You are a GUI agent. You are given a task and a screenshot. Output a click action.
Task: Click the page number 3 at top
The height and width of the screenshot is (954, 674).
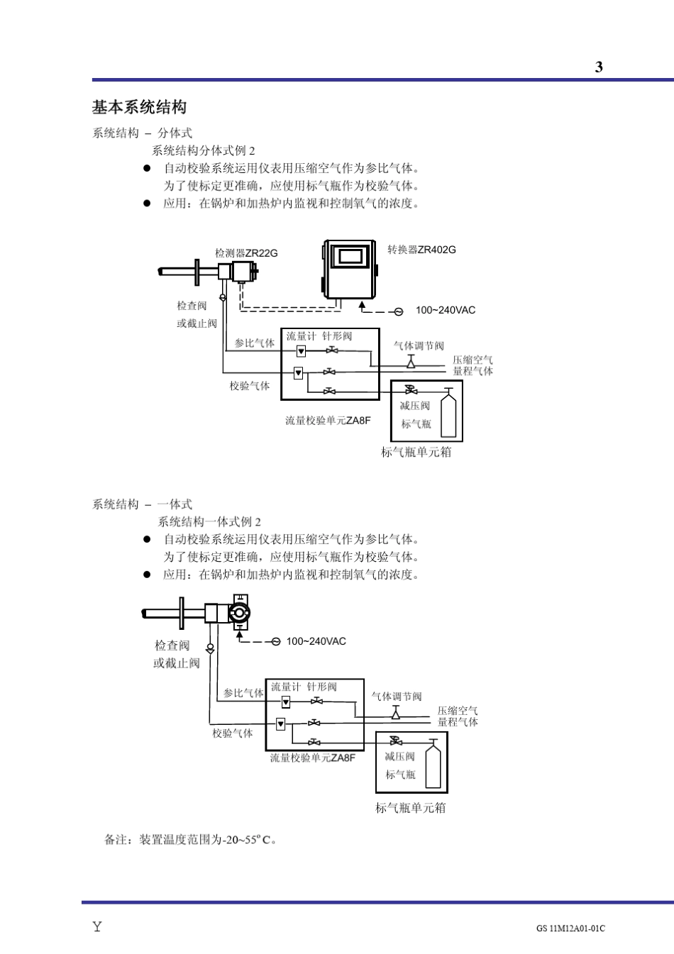[x=599, y=67]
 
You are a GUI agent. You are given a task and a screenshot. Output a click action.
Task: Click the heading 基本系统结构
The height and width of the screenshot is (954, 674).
[x=139, y=107]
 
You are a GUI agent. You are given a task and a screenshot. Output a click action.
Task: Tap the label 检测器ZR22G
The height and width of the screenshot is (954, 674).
[x=246, y=253]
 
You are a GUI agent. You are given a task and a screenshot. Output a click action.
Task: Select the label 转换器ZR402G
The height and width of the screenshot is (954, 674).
[x=421, y=250]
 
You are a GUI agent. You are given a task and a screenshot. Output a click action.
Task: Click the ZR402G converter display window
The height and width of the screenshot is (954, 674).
[x=350, y=256]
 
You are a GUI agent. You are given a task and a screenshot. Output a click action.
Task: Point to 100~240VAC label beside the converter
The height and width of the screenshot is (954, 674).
[x=446, y=310]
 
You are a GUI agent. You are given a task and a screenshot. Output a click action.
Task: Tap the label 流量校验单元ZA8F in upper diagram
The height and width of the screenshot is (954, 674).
[x=328, y=421]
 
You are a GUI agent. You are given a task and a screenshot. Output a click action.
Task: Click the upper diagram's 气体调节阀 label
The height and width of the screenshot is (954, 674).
[x=419, y=346]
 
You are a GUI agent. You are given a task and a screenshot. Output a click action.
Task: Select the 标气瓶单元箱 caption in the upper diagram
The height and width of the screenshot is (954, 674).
[x=416, y=452]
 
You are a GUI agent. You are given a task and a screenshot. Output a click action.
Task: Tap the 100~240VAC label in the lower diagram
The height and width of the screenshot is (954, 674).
[x=316, y=641]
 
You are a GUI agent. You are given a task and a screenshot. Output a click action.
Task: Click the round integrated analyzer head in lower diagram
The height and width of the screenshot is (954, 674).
[x=239, y=613]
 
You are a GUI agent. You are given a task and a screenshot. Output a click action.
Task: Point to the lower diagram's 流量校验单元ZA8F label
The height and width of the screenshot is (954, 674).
[x=312, y=758]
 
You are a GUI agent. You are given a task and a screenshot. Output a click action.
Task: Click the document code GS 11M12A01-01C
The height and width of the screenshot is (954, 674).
[x=570, y=928]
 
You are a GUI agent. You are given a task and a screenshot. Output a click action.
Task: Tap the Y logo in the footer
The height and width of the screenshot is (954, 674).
[x=97, y=926]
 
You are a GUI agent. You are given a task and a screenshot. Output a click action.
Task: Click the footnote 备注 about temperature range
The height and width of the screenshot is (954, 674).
[x=190, y=840]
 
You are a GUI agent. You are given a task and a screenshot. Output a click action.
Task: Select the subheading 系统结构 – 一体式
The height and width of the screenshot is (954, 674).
[x=142, y=504]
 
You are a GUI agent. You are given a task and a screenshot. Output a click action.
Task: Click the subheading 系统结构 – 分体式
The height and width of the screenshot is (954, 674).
[x=142, y=133]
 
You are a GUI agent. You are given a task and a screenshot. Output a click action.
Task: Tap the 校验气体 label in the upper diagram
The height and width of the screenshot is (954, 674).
[x=249, y=386]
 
